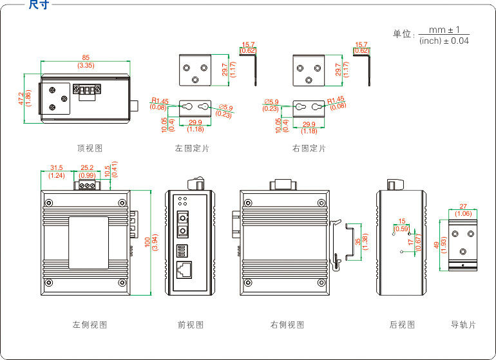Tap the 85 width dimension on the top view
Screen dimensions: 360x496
pyautogui.click(x=86, y=57)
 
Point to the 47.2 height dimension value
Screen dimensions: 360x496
pyautogui.click(x=21, y=100)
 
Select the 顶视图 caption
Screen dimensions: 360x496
pyautogui.click(x=90, y=148)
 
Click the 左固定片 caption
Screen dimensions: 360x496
pyautogui.click(x=192, y=148)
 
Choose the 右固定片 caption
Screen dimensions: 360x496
pyautogui.click(x=309, y=148)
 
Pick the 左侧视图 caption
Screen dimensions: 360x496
pyautogui.click(x=90, y=325)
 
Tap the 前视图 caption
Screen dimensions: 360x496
pyautogui.click(x=191, y=325)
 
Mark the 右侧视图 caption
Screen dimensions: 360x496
pyautogui.click(x=287, y=325)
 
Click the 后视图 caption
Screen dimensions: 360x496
pyautogui.click(x=403, y=325)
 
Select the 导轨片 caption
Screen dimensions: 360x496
pyautogui.click(x=463, y=325)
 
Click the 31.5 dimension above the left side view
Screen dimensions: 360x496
pyautogui.click(x=57, y=168)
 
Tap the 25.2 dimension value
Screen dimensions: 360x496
pyautogui.click(x=87, y=168)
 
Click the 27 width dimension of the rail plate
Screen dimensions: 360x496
pyautogui.click(x=463, y=207)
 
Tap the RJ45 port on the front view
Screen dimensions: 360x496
pyautogui.click(x=184, y=269)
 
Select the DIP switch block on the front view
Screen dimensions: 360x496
pyautogui.click(x=182, y=249)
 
